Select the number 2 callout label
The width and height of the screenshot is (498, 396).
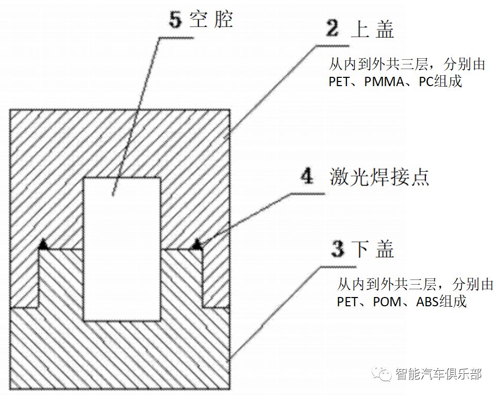pyautogui.click(x=333, y=29)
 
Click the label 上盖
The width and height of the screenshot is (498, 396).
pyautogui.click(x=372, y=30)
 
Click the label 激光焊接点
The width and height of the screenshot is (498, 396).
pyautogui.click(x=379, y=177)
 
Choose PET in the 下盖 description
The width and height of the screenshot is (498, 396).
pyautogui.click(x=347, y=302)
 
